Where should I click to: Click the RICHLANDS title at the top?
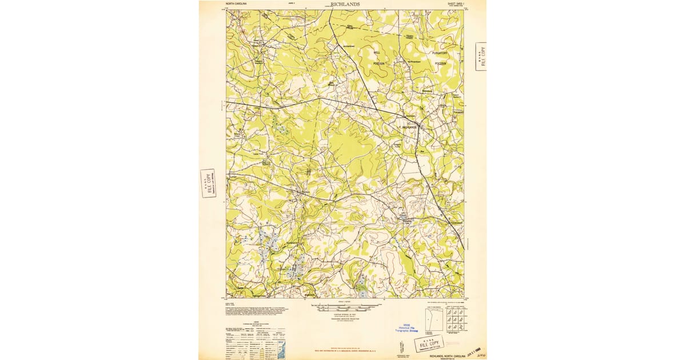click(345, 3)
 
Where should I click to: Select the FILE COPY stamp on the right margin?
click(481, 57)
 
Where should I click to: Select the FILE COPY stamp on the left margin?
click(208, 183)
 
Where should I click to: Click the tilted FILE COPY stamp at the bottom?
click(429, 345)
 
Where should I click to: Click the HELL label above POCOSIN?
click(377, 52)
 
